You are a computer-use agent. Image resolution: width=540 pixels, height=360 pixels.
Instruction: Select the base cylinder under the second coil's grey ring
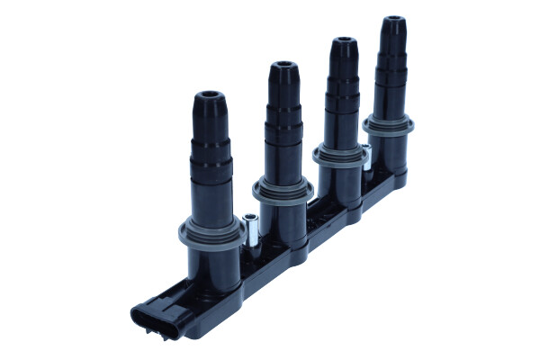284,220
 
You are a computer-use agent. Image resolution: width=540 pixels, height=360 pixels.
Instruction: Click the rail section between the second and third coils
315,211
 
